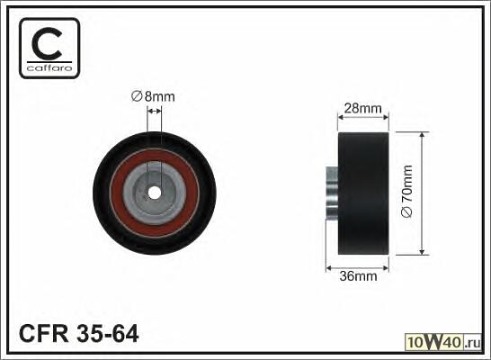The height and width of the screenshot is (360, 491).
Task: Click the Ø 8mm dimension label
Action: click(153, 96)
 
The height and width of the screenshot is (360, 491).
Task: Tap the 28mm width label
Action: click(363, 108)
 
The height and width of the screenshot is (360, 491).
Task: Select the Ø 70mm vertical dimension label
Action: click(406, 191)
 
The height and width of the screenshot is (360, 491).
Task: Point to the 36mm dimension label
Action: click(358, 276)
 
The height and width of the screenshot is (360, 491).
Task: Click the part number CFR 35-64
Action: click(78, 333)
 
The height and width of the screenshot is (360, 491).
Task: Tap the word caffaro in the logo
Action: click(49, 67)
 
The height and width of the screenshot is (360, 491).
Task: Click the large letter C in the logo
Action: click(48, 44)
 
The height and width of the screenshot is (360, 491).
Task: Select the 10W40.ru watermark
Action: click(443, 342)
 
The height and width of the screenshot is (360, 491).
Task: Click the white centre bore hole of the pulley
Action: click(154, 193)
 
